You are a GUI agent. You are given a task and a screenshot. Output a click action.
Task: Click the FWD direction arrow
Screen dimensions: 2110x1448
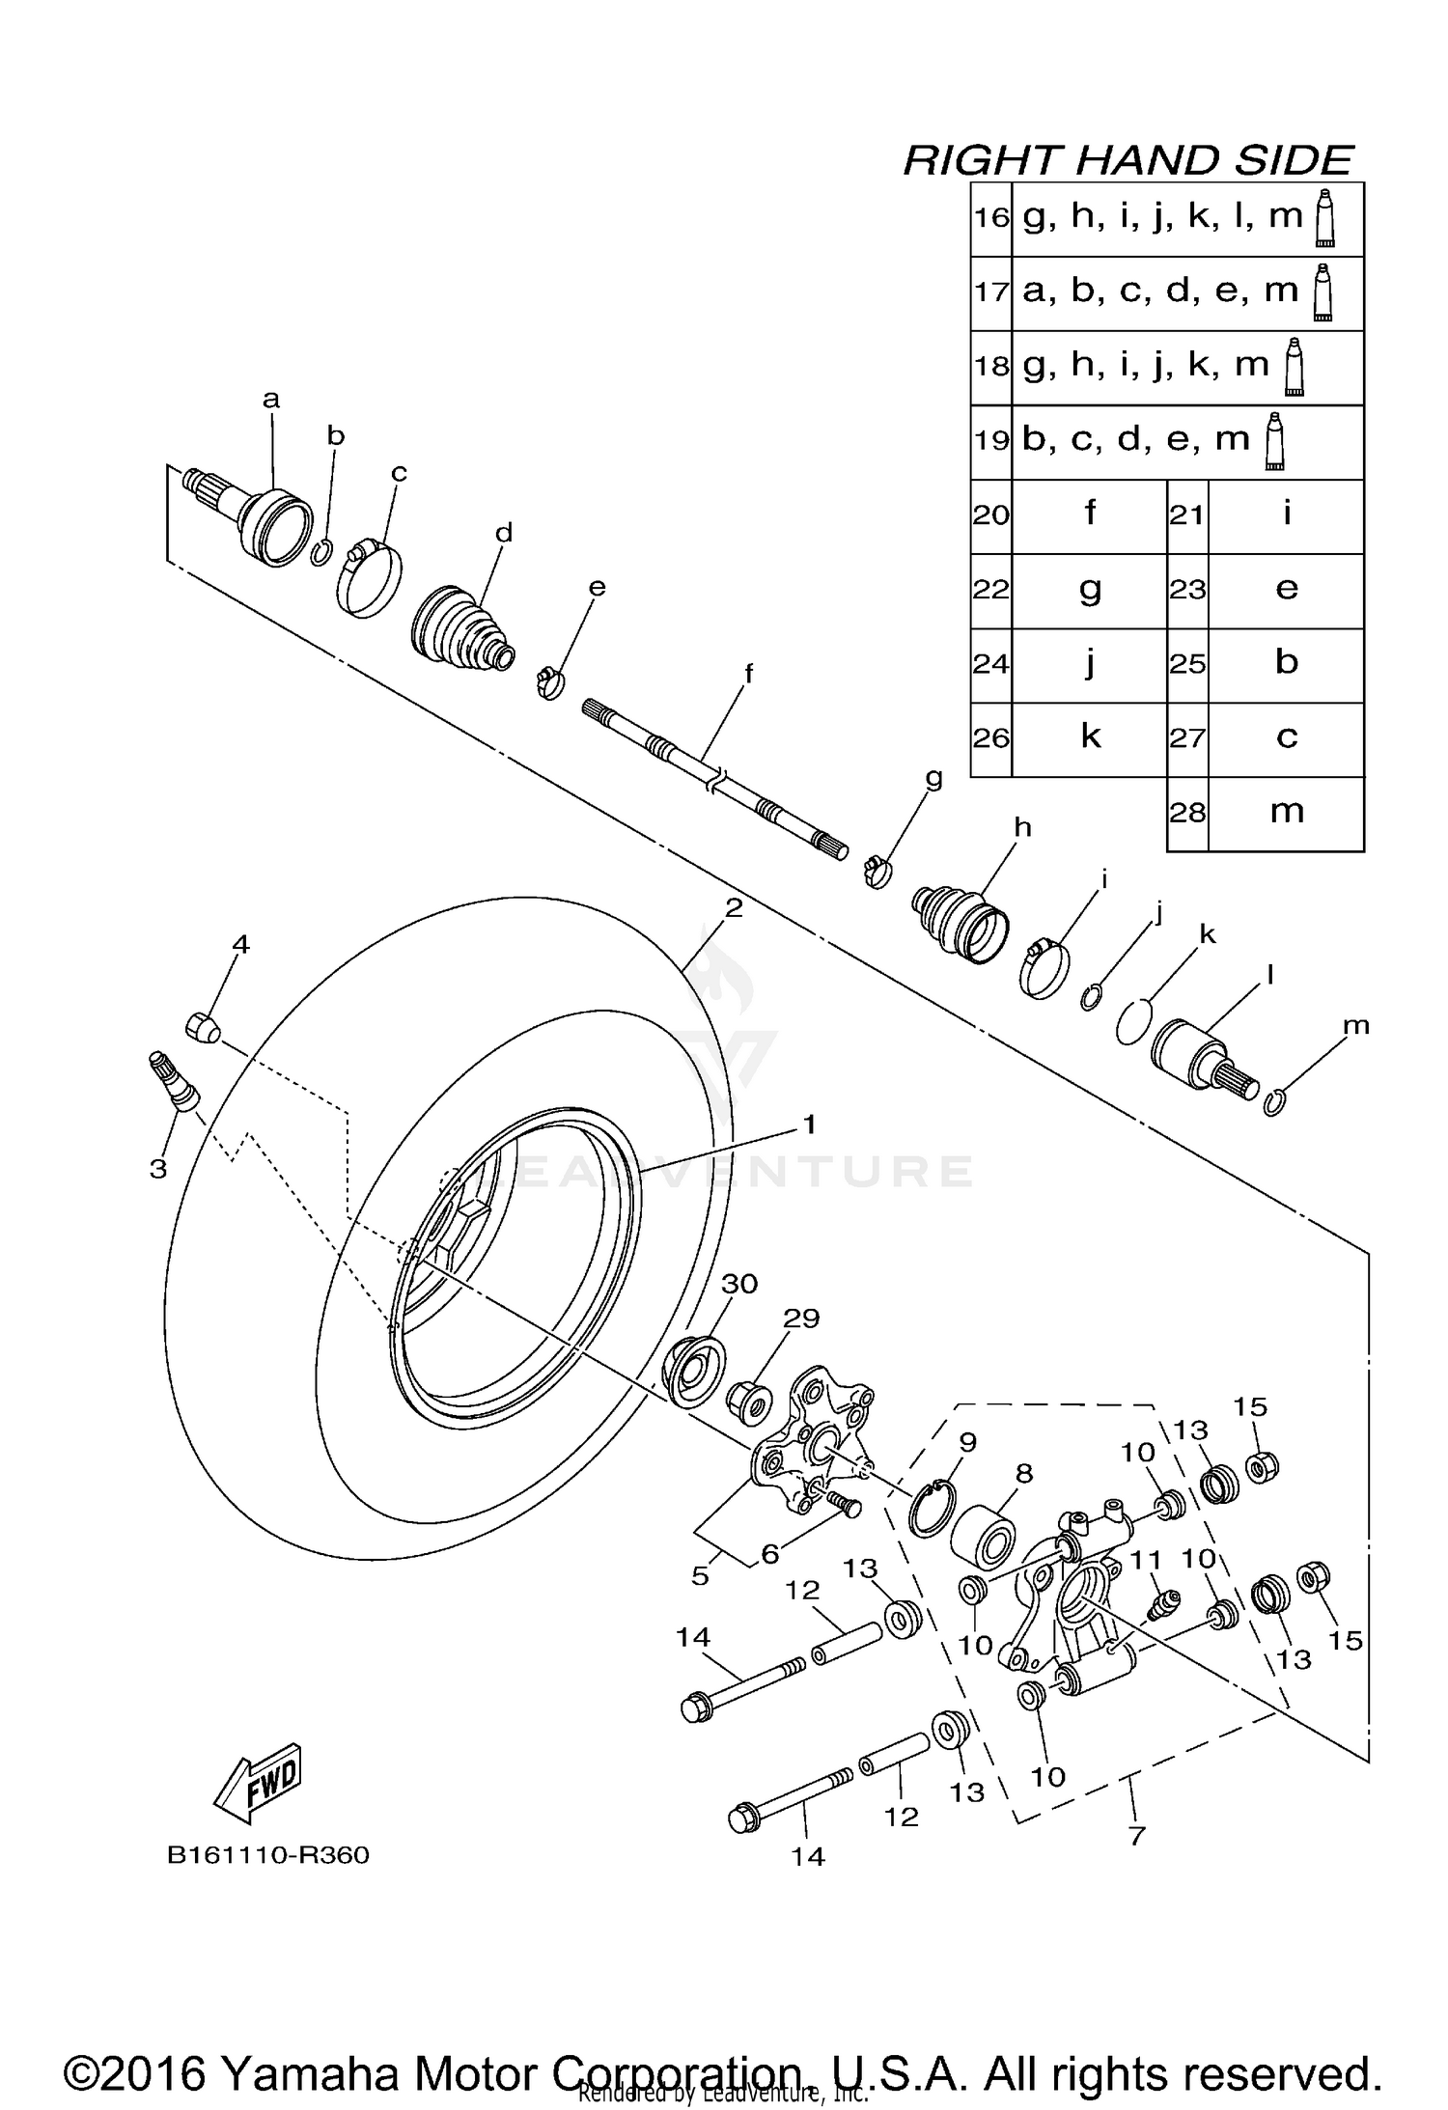point(258,1783)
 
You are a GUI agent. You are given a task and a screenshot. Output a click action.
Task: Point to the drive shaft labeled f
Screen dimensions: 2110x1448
point(714,777)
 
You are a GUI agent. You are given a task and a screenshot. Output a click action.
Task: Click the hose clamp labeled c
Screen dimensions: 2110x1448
point(368,579)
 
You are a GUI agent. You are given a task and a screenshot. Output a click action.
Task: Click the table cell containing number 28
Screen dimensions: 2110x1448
point(1187,814)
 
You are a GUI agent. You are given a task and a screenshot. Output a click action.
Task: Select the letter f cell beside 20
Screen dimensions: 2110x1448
point(1089,514)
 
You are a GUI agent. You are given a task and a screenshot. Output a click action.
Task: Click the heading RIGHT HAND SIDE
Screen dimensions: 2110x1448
point(1128,160)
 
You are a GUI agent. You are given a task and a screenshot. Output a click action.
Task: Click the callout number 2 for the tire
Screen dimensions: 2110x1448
point(734,908)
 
